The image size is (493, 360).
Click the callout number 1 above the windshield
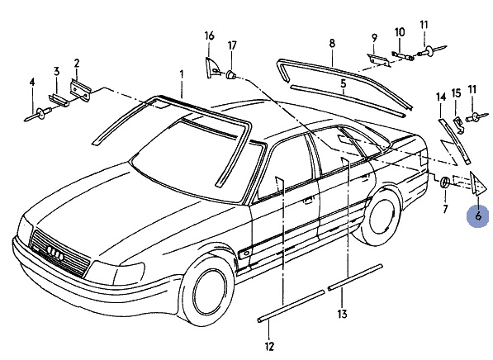coord(182,75)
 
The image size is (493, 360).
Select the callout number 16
coord(210,36)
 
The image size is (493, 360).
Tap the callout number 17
coord(232,45)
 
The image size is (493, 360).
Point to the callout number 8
coord(332,43)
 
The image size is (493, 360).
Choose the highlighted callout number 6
coord(478,216)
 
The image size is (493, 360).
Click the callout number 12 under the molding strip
coord(269,346)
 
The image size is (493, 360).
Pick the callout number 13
coord(342,314)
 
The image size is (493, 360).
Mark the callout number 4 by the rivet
coord(32,83)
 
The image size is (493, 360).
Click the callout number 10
coord(400,32)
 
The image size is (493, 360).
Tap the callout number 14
coord(441,97)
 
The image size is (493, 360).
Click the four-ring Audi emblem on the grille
coord(55,253)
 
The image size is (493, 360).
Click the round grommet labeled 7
coord(444,182)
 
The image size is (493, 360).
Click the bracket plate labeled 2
coord(80,90)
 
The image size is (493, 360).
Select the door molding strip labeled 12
coord(291,306)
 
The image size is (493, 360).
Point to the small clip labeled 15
coord(457,125)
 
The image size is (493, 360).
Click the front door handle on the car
coord(309,199)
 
